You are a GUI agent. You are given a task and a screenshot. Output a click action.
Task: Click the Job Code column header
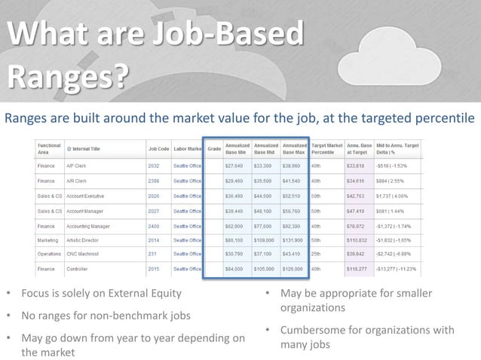[x=158, y=148]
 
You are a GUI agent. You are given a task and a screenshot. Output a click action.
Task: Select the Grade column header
[x=213, y=148]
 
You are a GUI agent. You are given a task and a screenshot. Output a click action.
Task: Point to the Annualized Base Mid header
[x=266, y=148]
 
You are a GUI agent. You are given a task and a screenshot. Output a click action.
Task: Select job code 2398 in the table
[x=155, y=182]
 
